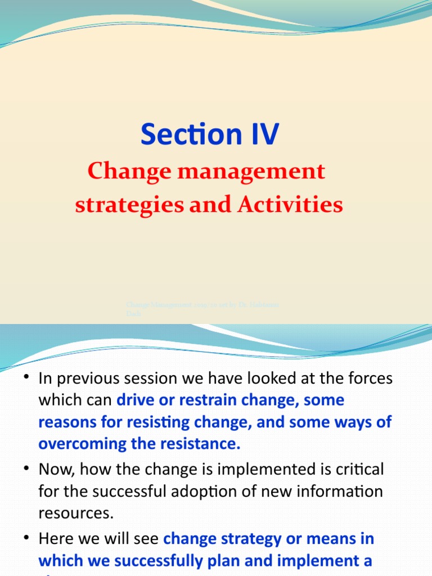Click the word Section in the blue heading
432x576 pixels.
pyautogui.click(x=181, y=135)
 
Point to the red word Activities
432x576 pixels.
pyautogui.click(x=290, y=205)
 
